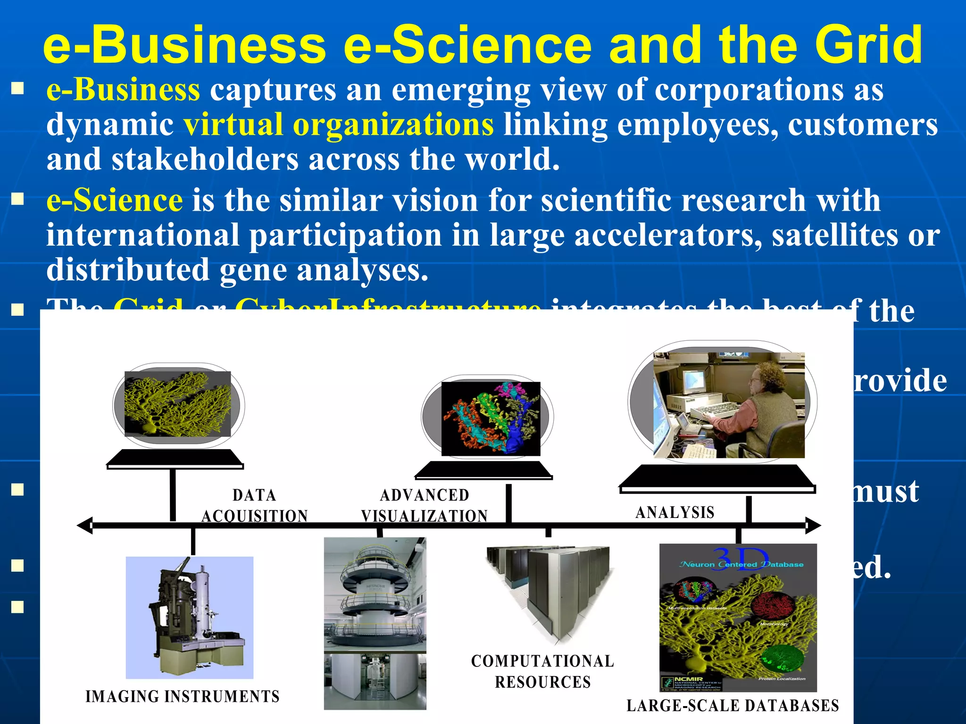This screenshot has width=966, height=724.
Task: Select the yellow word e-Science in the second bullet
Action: [x=115, y=200]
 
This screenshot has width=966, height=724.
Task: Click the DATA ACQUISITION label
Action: [x=255, y=506]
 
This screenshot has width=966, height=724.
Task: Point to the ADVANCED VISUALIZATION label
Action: [x=425, y=506]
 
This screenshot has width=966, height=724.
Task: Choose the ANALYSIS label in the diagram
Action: [x=675, y=512]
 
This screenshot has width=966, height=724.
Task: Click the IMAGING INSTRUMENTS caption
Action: [x=183, y=697]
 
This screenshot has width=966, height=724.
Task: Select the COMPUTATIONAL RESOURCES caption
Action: [x=543, y=672]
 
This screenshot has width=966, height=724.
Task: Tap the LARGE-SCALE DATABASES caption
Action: [x=733, y=706]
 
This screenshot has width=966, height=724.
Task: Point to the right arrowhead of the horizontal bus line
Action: [x=814, y=525]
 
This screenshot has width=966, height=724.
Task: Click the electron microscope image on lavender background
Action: [x=190, y=617]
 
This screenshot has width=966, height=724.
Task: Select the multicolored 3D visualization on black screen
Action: [x=491, y=419]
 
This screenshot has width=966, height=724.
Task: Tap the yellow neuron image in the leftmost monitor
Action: [x=178, y=404]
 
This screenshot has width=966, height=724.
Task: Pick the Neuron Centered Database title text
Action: [x=741, y=564]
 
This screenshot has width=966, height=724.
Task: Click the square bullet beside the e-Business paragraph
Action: [x=18, y=89]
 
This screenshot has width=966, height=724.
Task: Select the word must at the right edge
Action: [x=886, y=491]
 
